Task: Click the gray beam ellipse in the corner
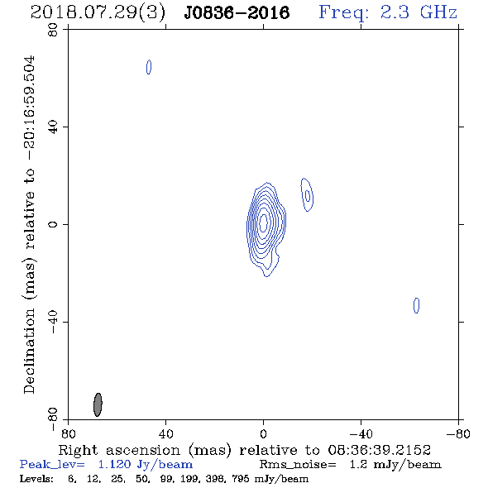(98, 404)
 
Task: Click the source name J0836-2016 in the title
(237, 13)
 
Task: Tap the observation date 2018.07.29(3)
(98, 13)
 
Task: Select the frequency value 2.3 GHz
(419, 12)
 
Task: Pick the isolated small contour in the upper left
(149, 67)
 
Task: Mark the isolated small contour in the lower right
(416, 305)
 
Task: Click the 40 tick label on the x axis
(165, 433)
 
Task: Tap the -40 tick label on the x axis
(361, 433)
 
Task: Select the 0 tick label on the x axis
(263, 433)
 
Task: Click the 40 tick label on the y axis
(53, 127)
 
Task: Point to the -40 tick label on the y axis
(53, 322)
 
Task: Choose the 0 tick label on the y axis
(53, 224)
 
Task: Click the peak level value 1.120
(114, 464)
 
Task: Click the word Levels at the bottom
(36, 478)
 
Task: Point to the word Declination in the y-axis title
(29, 351)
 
